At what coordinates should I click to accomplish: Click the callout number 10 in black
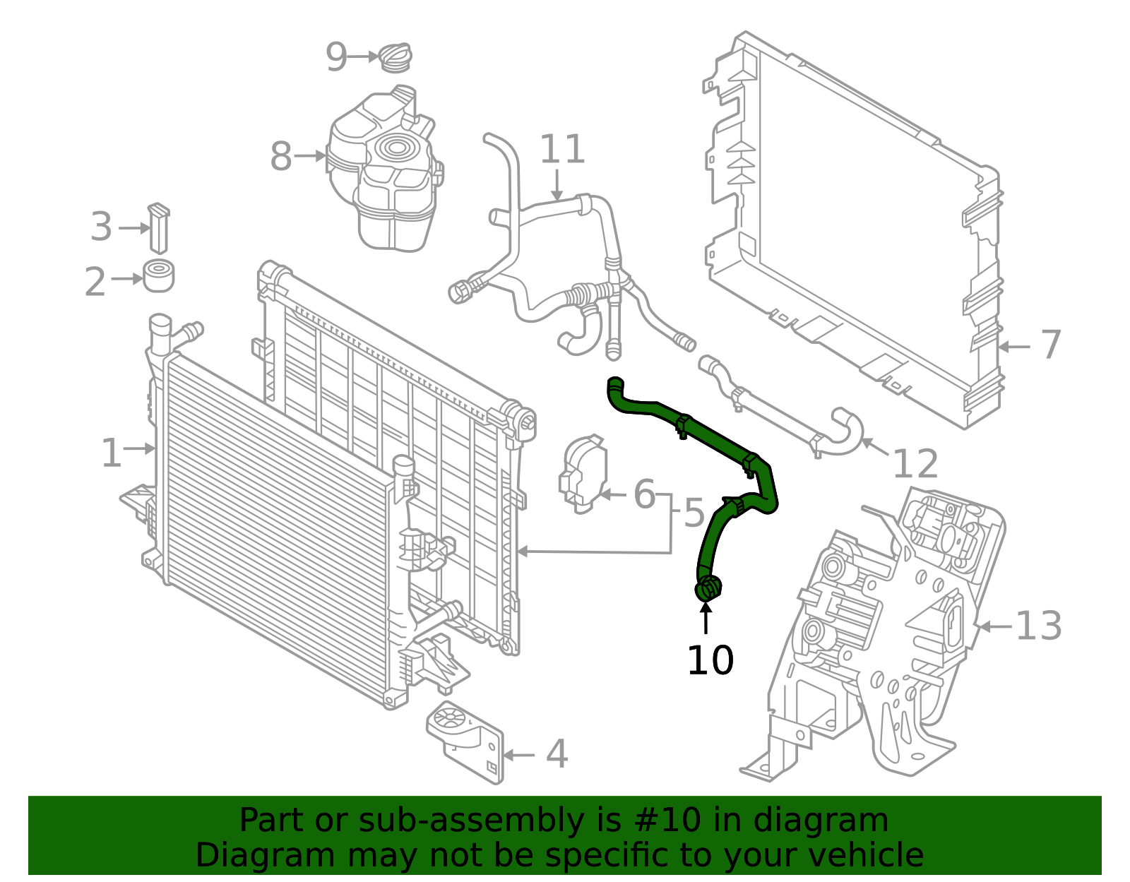pyautogui.click(x=710, y=661)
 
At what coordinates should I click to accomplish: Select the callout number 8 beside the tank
pyautogui.click(x=280, y=157)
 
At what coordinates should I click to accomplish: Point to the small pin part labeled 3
pyautogui.click(x=158, y=228)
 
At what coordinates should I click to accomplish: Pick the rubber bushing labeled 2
pyautogui.click(x=159, y=276)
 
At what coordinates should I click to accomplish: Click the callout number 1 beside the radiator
pyautogui.click(x=111, y=453)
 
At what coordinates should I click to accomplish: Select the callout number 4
pyautogui.click(x=557, y=754)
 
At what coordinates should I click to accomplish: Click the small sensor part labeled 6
pyautogui.click(x=583, y=472)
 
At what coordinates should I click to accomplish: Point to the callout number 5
pyautogui.click(x=694, y=513)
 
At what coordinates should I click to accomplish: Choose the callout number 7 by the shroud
pyautogui.click(x=1051, y=345)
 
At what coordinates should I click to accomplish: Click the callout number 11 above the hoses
pyautogui.click(x=562, y=150)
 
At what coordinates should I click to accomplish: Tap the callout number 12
pyautogui.click(x=915, y=465)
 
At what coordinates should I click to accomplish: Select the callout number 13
pyautogui.click(x=1038, y=626)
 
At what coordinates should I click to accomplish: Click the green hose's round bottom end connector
pyautogui.click(x=708, y=588)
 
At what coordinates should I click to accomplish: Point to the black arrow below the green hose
pyautogui.click(x=706, y=618)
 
